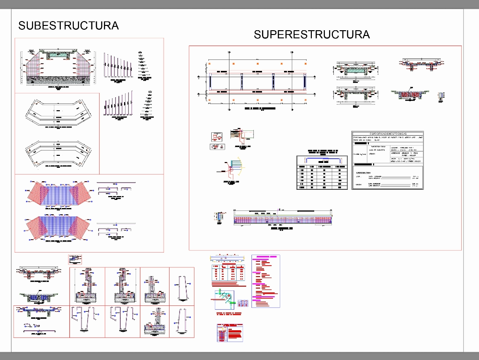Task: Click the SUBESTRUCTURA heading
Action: click(x=68, y=25)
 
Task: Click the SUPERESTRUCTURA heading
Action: click(x=311, y=35)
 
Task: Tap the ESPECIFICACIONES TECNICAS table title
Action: click(x=388, y=134)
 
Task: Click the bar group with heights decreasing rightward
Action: click(x=117, y=66)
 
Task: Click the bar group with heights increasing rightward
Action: click(x=117, y=104)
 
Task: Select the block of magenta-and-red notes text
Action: click(x=265, y=280)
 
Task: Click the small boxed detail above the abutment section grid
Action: click(x=75, y=259)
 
